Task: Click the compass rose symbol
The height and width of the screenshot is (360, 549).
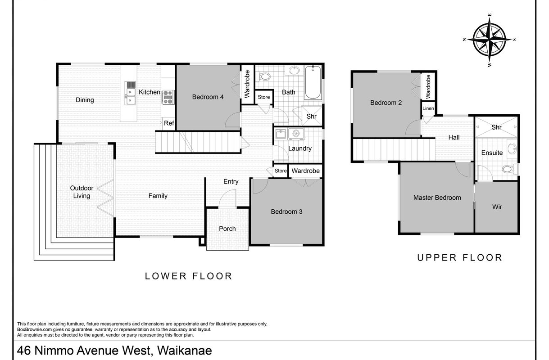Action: (490, 40)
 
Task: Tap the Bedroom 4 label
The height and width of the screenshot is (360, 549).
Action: (208, 97)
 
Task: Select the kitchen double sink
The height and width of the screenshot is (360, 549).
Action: (130, 93)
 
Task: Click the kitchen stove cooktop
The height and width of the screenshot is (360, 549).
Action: (168, 97)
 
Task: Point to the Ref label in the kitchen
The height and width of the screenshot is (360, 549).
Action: (169, 123)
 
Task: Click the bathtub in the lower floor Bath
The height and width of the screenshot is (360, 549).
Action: (313, 82)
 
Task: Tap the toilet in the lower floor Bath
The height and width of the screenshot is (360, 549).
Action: (263, 76)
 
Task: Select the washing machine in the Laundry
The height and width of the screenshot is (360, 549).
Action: (296, 134)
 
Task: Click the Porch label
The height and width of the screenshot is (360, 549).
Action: (227, 229)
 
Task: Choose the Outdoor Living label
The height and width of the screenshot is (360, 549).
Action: (82, 192)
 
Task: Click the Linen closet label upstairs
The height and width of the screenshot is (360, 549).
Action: (428, 108)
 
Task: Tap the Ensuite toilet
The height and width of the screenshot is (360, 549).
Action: (510, 169)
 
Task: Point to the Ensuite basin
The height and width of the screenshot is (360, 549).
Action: (512, 148)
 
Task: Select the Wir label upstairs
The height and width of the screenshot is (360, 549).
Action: (497, 207)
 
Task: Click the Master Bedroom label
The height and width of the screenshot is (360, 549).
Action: (437, 198)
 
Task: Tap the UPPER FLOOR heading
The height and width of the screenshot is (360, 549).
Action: (460, 258)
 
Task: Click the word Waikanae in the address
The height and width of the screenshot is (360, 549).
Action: (185, 351)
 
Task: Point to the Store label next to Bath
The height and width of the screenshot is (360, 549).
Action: (264, 97)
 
